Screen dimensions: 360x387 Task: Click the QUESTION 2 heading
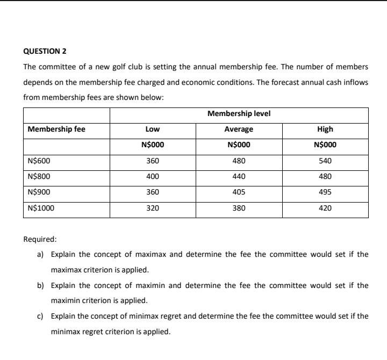coord(45,52)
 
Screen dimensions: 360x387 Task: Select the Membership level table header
coord(239,114)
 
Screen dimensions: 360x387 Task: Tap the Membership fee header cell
coord(56,129)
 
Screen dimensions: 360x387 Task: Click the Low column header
coord(153,129)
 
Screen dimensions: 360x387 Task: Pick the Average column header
coord(239,129)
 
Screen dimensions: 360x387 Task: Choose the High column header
coord(325,129)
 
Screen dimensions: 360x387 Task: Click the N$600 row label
coord(39,161)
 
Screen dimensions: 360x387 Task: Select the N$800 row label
coord(39,176)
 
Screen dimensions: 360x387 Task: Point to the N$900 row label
coord(39,192)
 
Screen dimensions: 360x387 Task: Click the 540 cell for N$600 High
coord(325,161)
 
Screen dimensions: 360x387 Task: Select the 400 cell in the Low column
coord(153,176)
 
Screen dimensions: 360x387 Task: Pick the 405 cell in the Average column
coord(239,192)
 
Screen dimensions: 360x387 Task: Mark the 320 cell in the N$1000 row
coord(153,208)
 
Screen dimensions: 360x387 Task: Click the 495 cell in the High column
coord(325,192)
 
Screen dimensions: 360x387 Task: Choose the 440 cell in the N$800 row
coord(239,176)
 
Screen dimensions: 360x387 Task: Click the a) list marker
coord(40,254)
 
